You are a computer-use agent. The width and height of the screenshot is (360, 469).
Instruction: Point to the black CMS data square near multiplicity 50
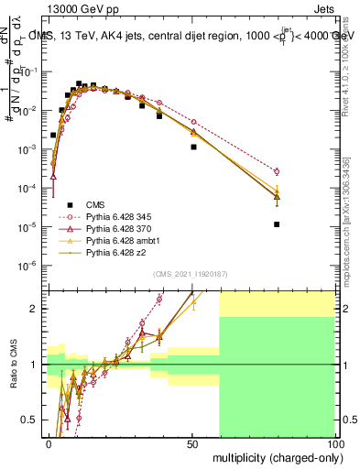[193, 147]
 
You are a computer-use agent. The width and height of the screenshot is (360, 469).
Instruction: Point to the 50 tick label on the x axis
[191, 442]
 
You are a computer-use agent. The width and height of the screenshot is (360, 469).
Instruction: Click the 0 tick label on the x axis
[49, 442]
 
